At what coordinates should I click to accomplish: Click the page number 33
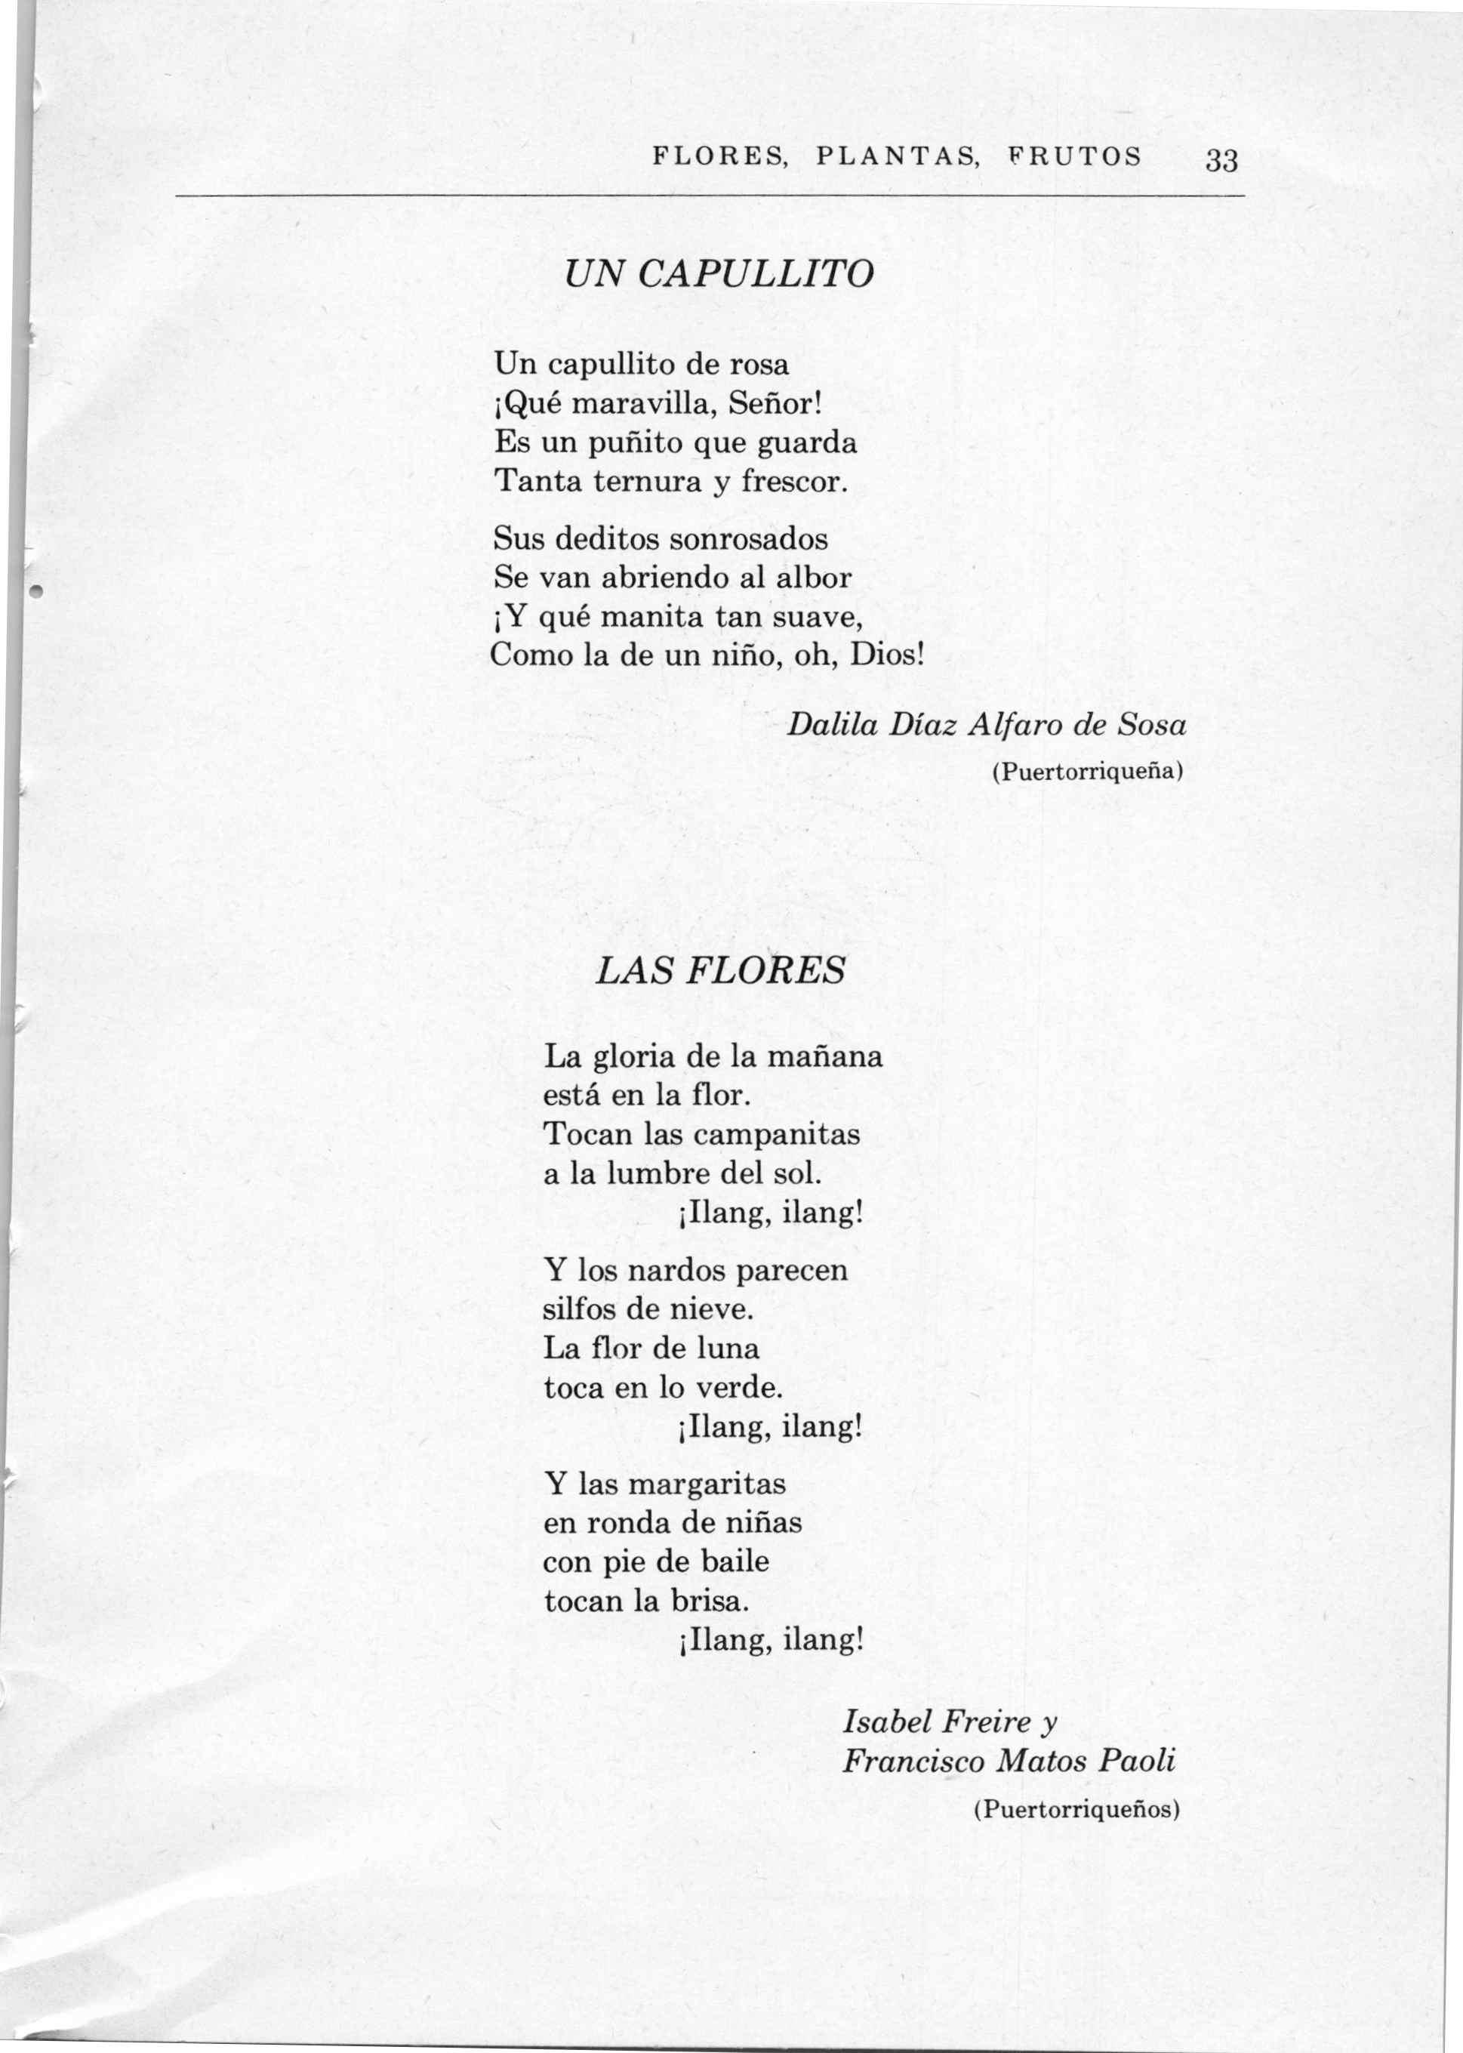coord(1222,162)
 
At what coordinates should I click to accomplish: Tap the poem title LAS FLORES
coord(721,970)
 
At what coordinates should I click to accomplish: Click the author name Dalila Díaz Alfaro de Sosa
coord(987,724)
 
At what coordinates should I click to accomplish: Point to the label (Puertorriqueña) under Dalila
coord(1086,771)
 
